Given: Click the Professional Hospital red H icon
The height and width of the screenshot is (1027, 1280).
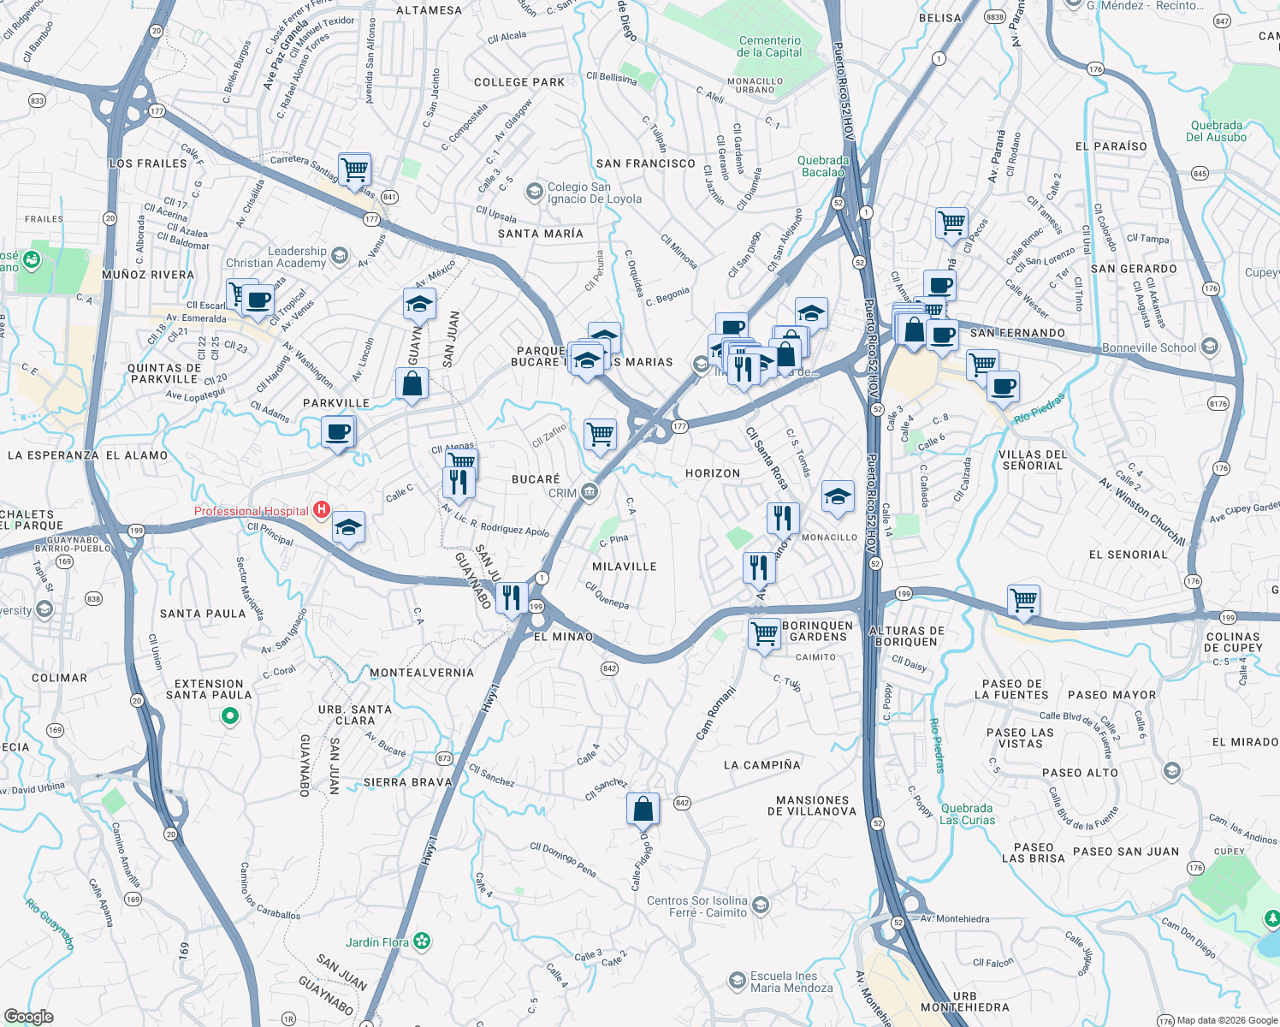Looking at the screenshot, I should click(x=322, y=510).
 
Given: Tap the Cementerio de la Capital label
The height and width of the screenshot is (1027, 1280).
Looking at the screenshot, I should click(x=769, y=46).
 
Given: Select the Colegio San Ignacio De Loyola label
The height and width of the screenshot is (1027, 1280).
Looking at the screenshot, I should click(x=594, y=193).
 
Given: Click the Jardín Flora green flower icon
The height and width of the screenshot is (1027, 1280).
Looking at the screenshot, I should click(x=422, y=941).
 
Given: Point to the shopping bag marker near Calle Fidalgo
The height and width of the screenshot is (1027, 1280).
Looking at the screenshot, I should click(x=643, y=809).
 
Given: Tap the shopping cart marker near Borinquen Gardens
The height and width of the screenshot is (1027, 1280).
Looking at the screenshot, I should click(x=763, y=633).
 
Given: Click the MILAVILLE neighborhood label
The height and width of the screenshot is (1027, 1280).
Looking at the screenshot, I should click(x=625, y=567).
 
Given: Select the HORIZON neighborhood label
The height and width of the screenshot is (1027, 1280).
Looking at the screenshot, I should click(x=713, y=473).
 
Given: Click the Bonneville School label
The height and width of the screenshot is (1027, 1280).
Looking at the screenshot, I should click(x=1149, y=347).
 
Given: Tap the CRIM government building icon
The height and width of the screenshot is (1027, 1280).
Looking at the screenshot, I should click(x=590, y=491).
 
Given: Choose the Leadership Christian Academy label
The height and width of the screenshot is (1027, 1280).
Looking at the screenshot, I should click(x=276, y=257).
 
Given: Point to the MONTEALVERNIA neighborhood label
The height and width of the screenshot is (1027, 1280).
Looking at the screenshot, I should click(x=422, y=673).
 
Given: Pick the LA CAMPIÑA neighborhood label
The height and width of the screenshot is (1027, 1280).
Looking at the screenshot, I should click(x=762, y=765).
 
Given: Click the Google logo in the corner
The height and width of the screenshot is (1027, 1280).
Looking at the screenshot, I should click(x=28, y=1016).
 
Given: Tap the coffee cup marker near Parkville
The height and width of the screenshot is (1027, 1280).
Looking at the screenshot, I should click(x=338, y=431).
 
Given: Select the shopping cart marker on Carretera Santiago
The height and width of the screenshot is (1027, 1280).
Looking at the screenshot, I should click(x=354, y=169).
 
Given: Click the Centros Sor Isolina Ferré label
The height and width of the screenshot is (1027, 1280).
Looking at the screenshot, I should click(x=697, y=906).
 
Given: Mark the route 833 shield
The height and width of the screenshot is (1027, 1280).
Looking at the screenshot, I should click(x=37, y=100).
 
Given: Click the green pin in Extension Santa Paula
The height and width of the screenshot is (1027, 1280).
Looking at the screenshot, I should click(x=229, y=716).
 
